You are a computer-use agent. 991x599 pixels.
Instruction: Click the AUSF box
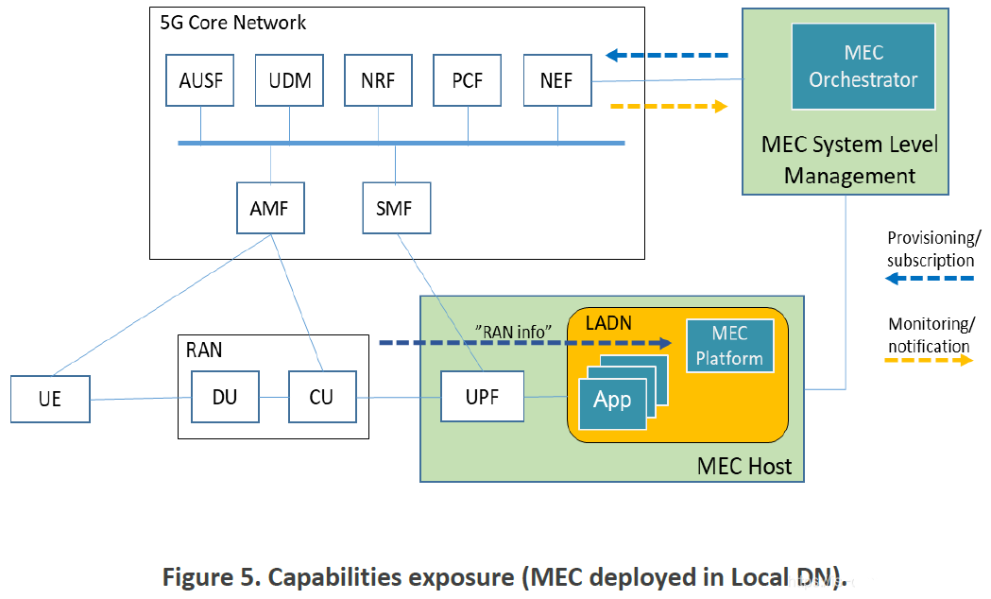point(199,80)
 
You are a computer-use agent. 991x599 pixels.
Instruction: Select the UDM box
point(289,80)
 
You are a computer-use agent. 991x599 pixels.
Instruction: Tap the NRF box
point(379,80)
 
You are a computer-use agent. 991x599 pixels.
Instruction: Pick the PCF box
point(467,80)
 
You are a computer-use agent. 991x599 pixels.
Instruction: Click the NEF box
point(557,80)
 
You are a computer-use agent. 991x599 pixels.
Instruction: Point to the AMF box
point(270,208)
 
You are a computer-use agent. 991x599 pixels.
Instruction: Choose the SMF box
point(396,208)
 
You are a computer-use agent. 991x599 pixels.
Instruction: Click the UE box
point(51,399)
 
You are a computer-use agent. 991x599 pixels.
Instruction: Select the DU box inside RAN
point(225,397)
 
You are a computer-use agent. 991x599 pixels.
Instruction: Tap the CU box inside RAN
point(322,397)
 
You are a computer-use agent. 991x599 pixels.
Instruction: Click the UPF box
point(482,396)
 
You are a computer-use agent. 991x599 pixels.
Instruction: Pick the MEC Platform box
point(730,346)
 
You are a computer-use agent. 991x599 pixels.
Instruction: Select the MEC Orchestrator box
point(863,66)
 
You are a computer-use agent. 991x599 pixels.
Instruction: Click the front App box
point(612,403)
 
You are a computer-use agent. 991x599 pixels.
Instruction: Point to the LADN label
point(608,323)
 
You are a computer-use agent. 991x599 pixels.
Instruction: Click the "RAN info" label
point(513,332)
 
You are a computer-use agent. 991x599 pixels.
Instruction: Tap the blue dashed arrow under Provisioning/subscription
point(930,279)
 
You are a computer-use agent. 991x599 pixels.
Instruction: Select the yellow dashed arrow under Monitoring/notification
point(929,360)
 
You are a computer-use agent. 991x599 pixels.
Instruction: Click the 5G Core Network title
point(233,23)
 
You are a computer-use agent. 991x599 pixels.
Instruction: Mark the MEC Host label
point(743,467)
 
